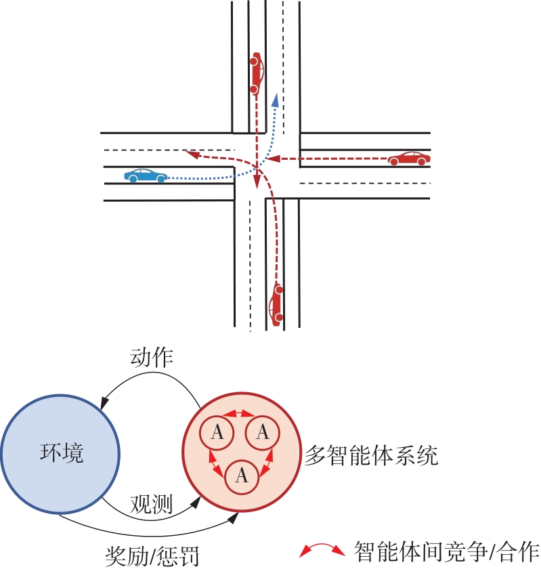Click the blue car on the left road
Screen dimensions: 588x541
146,175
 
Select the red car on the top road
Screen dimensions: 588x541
256,72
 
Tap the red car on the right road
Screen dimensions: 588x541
409,159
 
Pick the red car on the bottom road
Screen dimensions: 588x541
276,305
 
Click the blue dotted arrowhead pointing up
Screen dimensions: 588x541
275,101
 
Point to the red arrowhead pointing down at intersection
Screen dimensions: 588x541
257,185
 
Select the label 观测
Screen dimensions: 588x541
151,505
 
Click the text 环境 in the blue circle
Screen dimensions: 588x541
62,453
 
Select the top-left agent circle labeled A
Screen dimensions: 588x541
217,432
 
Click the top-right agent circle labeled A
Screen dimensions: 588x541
263,432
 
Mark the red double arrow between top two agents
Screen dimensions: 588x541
240,414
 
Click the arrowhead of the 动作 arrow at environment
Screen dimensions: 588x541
104,404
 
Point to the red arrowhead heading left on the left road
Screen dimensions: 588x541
192,155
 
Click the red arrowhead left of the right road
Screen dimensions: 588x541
272,160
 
